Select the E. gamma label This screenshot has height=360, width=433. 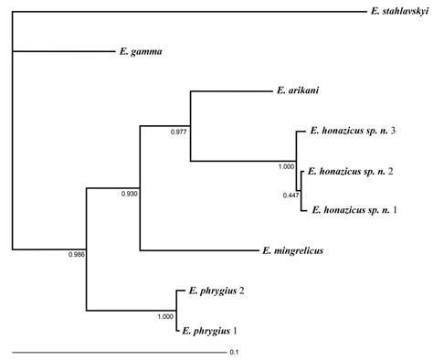point(141,51)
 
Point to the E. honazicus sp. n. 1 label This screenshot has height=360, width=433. point(354,210)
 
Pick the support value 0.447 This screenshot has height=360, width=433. point(290,195)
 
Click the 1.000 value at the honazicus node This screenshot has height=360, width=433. point(287,166)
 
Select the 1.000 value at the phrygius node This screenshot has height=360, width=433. point(164,316)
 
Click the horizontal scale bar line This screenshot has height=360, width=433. point(119,350)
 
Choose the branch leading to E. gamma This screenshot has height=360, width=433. point(64,51)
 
